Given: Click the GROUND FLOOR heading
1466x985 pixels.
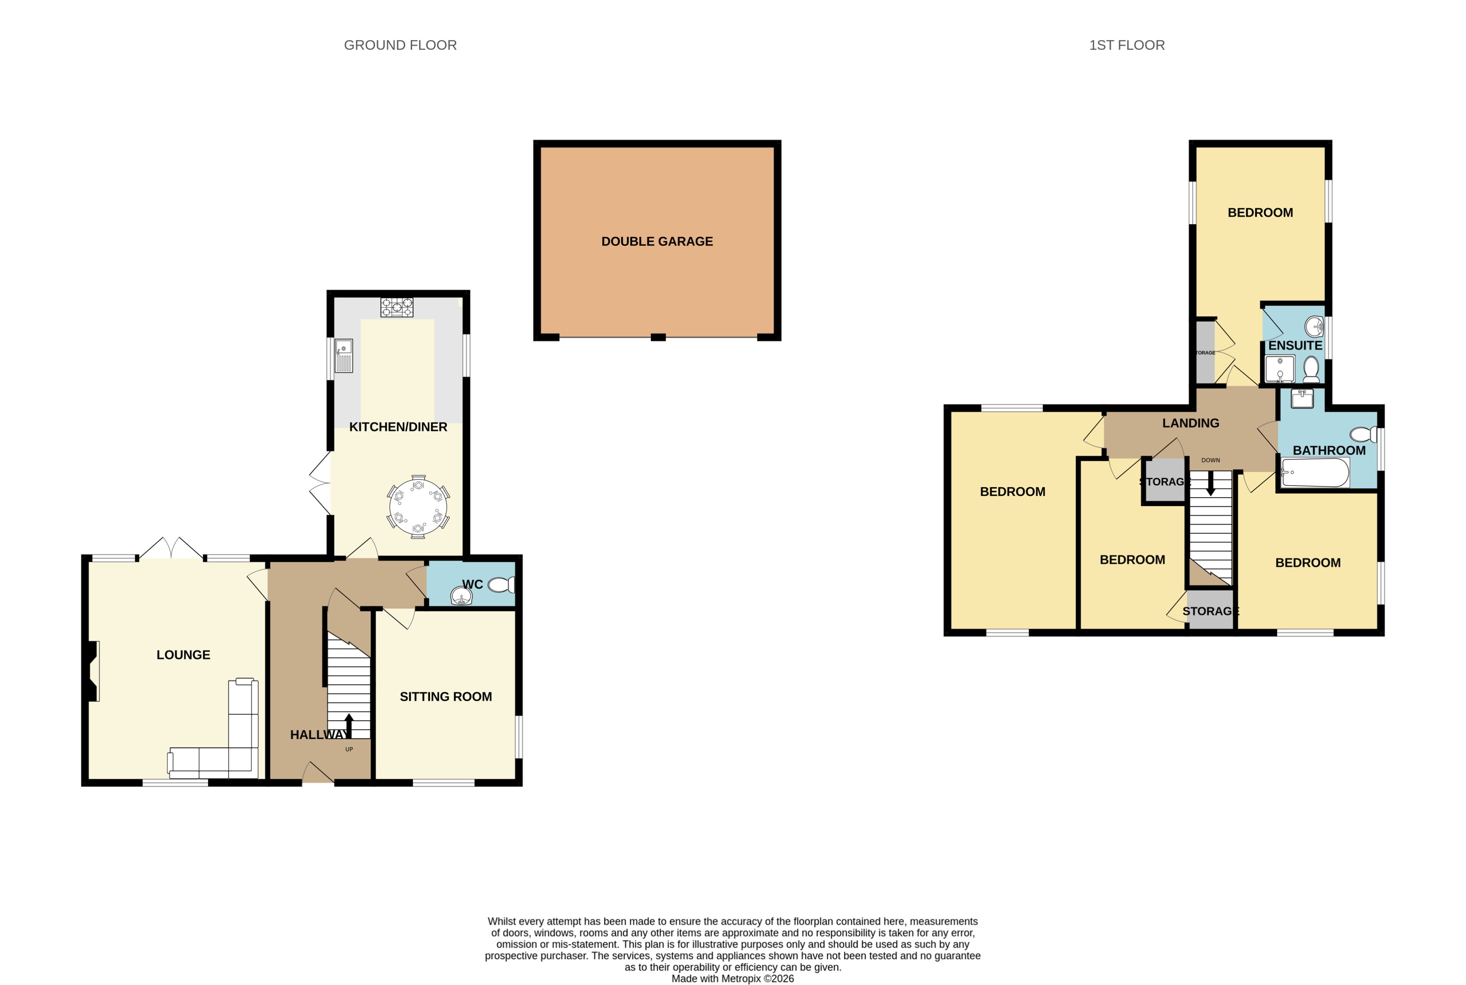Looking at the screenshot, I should click(400, 45).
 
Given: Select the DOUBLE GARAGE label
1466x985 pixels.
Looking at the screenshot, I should click(657, 241).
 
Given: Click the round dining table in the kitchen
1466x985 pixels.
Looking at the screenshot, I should click(418, 506).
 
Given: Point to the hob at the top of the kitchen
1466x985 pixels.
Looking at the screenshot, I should click(397, 307).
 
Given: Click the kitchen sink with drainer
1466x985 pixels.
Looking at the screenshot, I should click(343, 356).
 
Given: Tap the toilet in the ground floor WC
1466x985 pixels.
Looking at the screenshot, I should click(502, 585).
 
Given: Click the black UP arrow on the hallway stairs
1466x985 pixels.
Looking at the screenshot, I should click(348, 726).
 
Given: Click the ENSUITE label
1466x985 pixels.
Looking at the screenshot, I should click(1295, 346).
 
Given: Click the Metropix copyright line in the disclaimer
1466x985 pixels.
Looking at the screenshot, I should click(732, 978).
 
